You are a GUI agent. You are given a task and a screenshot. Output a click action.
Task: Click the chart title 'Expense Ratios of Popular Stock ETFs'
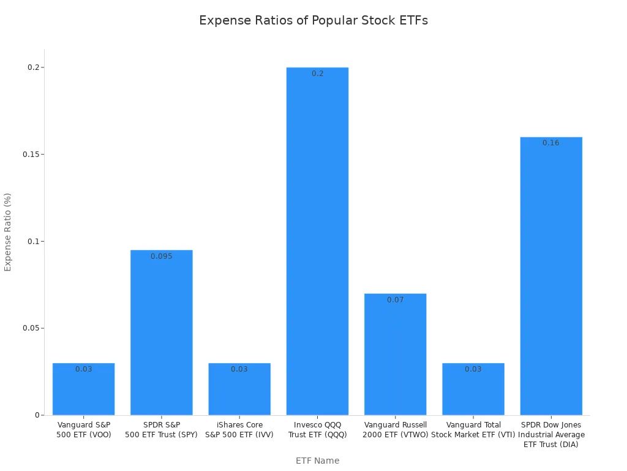point(313,20)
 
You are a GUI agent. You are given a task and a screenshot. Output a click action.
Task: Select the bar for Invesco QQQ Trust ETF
point(317,245)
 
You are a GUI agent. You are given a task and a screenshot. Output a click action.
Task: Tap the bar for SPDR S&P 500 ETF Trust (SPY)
point(162,334)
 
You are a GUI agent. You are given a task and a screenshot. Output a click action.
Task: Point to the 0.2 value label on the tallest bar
point(317,74)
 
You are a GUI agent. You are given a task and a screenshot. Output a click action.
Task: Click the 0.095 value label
point(162,256)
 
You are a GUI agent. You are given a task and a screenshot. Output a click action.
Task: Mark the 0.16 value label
point(551,143)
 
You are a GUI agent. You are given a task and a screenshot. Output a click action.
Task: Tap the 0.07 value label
point(395,300)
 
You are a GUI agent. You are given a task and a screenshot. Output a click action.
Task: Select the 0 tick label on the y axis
point(37,415)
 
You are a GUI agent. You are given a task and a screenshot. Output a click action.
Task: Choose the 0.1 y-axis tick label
point(33,241)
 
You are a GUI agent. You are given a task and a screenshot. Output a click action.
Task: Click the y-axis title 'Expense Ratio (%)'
point(8,232)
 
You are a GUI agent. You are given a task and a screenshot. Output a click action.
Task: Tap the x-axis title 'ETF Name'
point(317,461)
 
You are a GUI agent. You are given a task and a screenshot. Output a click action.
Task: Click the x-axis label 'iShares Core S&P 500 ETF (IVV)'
point(239,429)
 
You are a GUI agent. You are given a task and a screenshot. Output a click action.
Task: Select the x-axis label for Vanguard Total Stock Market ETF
point(473,429)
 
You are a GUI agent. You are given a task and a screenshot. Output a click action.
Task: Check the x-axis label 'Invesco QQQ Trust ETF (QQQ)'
point(317,429)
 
